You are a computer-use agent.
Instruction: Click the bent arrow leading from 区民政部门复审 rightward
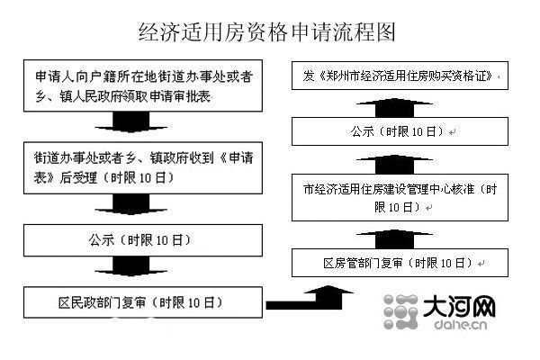[297, 297]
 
